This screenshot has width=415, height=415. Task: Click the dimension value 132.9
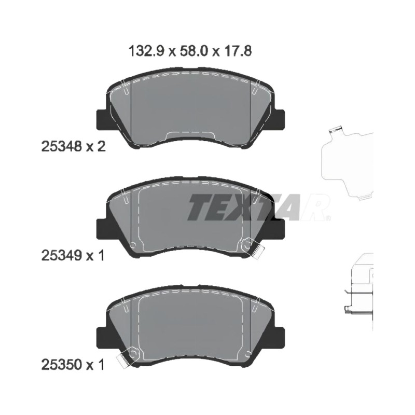147,51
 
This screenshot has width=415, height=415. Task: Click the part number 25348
61,146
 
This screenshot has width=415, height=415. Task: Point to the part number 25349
61,256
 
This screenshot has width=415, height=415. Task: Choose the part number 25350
61,365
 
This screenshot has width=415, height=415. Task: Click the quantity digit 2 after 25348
101,146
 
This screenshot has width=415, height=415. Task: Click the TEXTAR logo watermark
258,207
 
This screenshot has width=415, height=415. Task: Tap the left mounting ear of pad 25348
102,119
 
